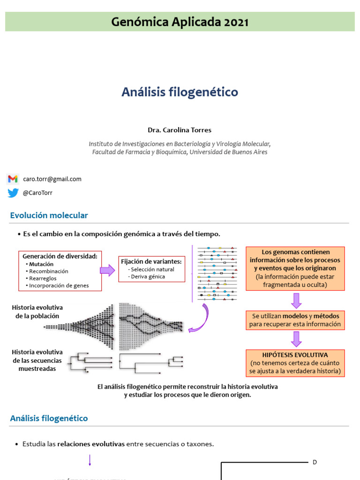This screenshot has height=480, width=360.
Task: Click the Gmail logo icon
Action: tap(13, 179)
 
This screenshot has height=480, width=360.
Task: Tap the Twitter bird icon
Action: tap(13, 193)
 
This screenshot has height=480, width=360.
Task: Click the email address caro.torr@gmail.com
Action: tap(52, 179)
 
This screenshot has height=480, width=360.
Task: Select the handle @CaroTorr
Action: tap(37, 193)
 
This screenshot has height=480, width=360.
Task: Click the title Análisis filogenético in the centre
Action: tap(180, 92)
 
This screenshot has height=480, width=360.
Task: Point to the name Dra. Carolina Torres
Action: tap(180, 130)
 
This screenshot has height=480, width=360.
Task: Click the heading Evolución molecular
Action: tap(49, 216)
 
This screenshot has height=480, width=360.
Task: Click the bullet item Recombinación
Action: tap(48, 271)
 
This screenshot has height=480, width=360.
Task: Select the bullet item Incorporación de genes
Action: tap(59, 285)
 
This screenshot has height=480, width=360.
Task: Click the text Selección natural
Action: tap(152, 270)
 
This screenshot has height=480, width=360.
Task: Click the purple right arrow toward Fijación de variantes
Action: tap(107, 270)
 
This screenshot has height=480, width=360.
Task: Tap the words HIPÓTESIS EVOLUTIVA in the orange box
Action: tap(295, 355)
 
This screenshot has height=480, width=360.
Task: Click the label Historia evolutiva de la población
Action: tap(37, 312)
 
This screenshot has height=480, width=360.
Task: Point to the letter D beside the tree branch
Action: tap(315, 463)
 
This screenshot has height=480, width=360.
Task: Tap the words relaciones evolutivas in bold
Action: tap(91, 444)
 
